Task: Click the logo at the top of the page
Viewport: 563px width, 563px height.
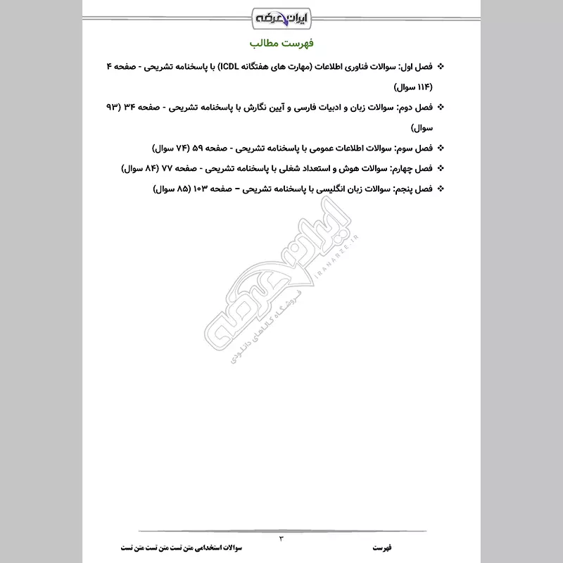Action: (x=282, y=15)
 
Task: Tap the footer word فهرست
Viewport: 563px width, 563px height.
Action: (x=384, y=547)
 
